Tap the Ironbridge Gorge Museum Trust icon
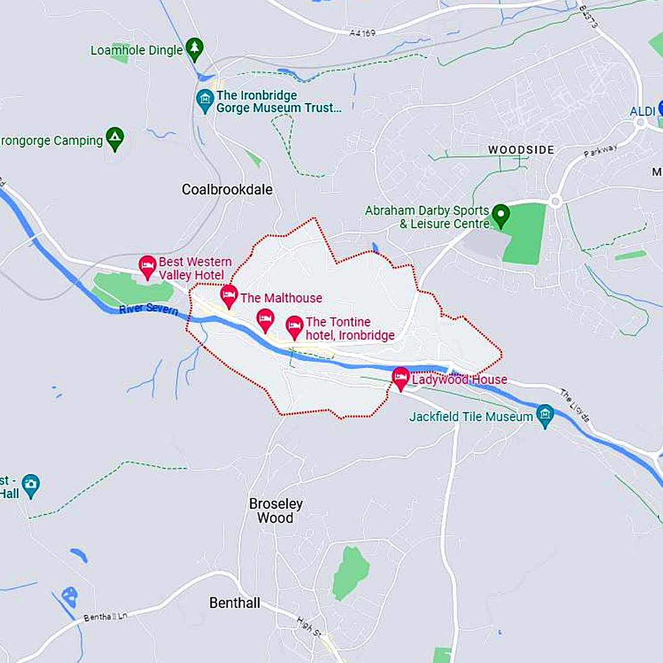(205, 100)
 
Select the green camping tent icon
(115, 139)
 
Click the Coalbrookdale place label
(227, 189)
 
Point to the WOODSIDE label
(521, 149)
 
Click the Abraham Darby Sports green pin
(500, 215)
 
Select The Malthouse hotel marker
(229, 296)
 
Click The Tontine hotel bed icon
(294, 327)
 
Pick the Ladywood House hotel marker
(401, 379)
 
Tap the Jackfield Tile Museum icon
(545, 415)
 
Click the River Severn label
(148, 309)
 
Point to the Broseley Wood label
(275, 511)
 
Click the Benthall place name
(234, 603)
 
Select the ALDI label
(643, 112)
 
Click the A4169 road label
(362, 33)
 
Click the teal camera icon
(30, 485)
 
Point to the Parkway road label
(600, 151)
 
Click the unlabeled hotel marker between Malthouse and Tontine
(265, 319)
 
